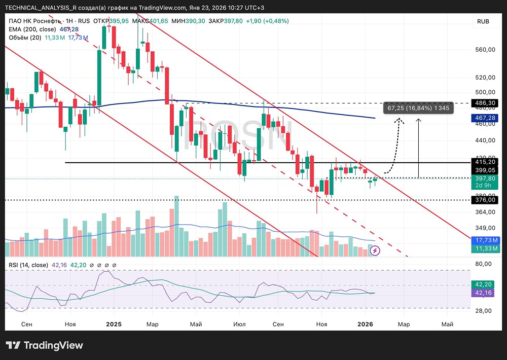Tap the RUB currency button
pos(483,22)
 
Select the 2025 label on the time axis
pos(114,324)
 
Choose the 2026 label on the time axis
pos(366,324)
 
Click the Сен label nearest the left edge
pos(28,324)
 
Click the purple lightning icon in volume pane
pos(375,250)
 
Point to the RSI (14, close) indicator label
pos(28,265)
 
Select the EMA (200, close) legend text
pos(32,29)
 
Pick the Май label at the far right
pos(447,324)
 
